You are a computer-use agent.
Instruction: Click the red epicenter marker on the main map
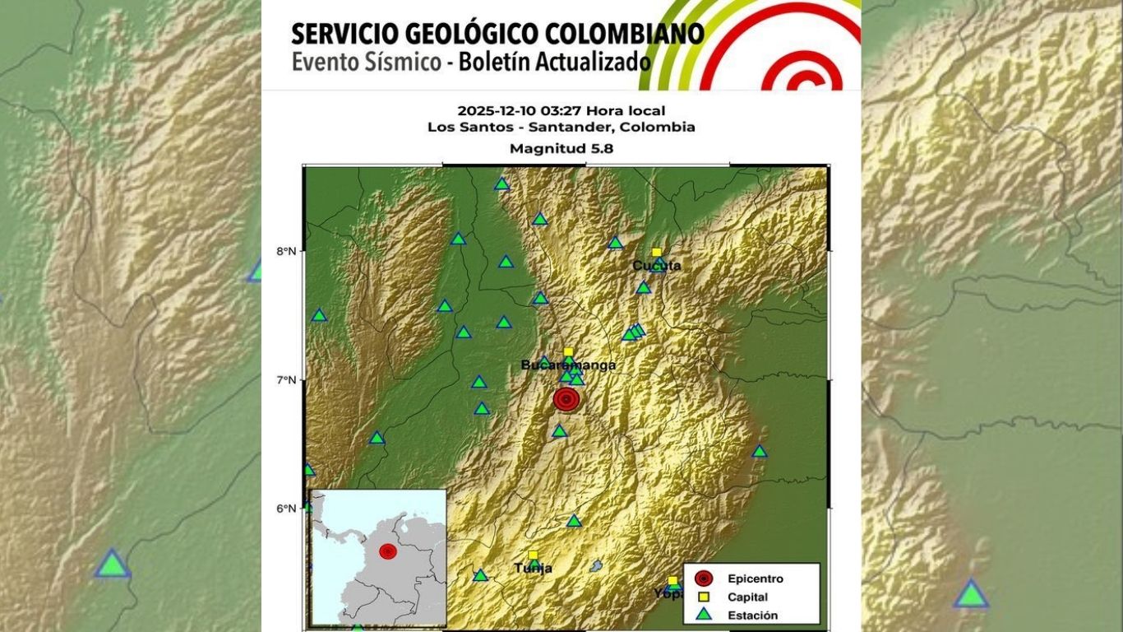tap(566, 400)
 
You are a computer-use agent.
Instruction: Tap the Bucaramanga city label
tap(568, 365)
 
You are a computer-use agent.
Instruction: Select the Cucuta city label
tap(656, 265)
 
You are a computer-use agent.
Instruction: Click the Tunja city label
tap(533, 568)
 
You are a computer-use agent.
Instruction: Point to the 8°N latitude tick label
tap(286, 252)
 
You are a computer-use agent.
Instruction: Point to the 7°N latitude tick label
tap(286, 380)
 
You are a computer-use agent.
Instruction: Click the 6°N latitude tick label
tap(286, 509)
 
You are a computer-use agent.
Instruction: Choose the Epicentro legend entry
tap(755, 579)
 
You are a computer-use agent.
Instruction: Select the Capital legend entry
tap(747, 597)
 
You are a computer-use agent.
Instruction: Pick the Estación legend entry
tap(752, 615)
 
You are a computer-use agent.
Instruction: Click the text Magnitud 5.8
tap(561, 149)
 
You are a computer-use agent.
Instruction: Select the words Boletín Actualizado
tap(548, 62)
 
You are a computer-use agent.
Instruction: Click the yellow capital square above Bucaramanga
tap(568, 352)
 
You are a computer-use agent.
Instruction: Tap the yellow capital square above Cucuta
tap(656, 253)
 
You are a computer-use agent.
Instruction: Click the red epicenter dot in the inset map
tap(388, 551)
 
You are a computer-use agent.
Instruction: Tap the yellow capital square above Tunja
tap(533, 555)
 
